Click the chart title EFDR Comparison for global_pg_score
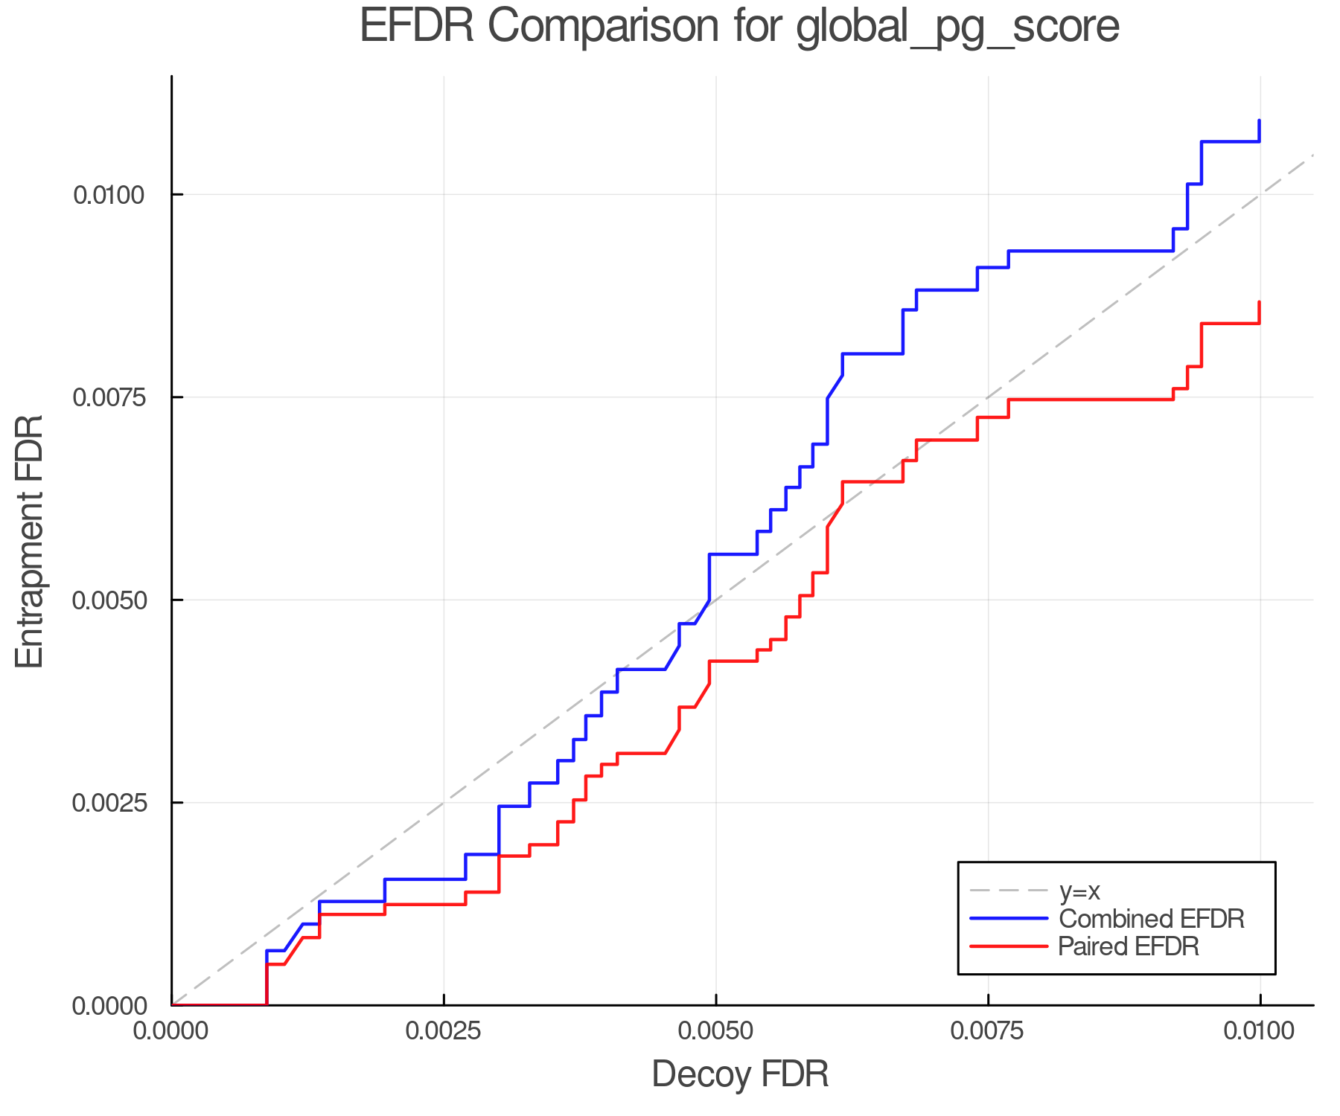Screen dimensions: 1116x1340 (x=739, y=27)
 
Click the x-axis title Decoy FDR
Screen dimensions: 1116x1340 (x=740, y=1074)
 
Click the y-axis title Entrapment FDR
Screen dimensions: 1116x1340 (x=31, y=541)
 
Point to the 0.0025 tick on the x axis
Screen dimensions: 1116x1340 (x=444, y=1031)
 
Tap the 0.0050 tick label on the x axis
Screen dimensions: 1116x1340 (x=715, y=1031)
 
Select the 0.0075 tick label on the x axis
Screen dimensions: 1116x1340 (x=988, y=1031)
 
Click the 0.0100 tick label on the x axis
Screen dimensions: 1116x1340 (x=1260, y=1031)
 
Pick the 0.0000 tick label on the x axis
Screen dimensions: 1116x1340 (x=171, y=1031)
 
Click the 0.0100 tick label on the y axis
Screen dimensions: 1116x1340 (x=108, y=195)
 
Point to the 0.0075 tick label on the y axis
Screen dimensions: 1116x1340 (x=108, y=397)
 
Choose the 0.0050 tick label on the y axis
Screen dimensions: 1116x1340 (x=108, y=600)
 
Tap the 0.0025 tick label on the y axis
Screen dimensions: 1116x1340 (x=108, y=803)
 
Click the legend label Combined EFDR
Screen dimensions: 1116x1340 (x=1151, y=919)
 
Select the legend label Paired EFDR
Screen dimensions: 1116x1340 (x=1129, y=946)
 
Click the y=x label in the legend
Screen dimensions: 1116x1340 (x=1079, y=891)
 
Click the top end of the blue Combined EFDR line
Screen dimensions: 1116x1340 (x=1260, y=120)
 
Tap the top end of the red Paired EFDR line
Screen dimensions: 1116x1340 (x=1260, y=302)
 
